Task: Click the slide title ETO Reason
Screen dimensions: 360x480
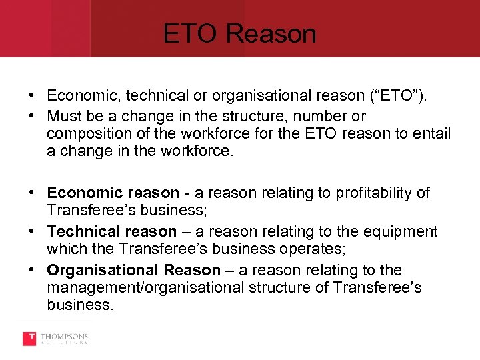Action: coord(239,33)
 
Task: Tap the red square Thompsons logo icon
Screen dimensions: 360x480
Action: coord(29,339)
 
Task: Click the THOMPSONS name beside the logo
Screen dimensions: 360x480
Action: coord(63,336)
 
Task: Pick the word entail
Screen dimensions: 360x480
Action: coord(431,134)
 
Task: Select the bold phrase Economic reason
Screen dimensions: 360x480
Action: coord(113,193)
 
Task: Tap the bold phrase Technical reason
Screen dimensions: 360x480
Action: coord(111,231)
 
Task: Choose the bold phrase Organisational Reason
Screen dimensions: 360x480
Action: coord(133,270)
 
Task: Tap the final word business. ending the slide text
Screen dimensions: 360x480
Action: coord(80,305)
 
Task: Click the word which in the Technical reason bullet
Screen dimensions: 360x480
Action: coord(64,250)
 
